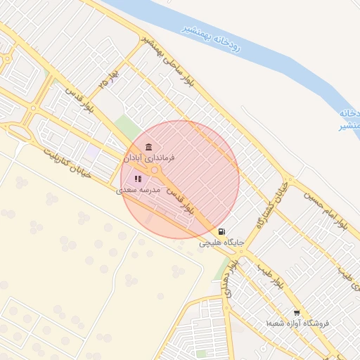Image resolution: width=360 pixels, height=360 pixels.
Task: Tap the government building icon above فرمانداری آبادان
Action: click(x=148, y=147)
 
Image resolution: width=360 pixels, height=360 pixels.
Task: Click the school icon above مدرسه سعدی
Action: click(x=138, y=179)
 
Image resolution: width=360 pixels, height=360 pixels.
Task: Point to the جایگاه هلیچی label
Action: click(x=221, y=243)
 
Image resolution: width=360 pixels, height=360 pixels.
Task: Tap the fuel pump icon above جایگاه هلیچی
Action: click(x=222, y=231)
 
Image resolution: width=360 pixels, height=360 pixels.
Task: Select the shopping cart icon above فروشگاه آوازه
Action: click(x=297, y=312)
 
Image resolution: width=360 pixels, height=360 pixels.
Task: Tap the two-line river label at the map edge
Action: click(x=349, y=119)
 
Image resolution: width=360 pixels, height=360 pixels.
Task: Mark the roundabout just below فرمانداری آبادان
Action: click(x=155, y=171)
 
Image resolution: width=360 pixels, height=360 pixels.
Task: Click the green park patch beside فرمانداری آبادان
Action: click(x=127, y=128)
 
